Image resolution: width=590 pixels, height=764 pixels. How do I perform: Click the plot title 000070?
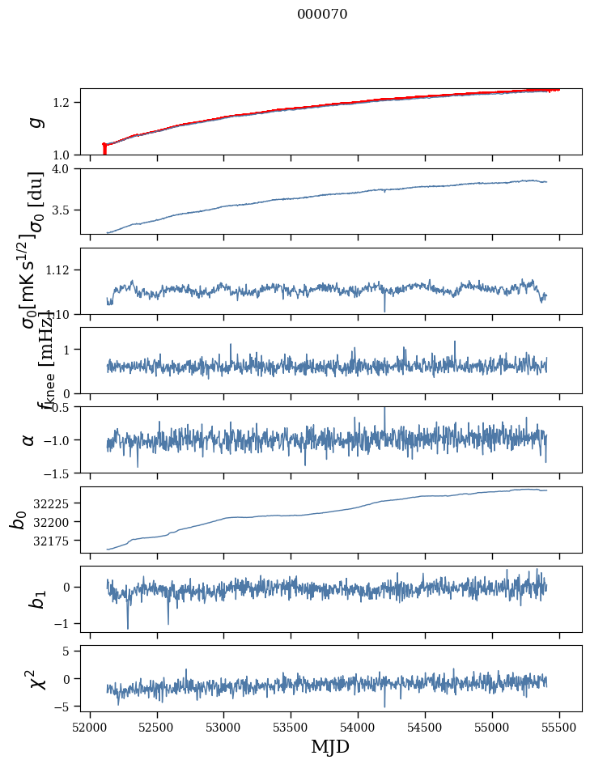(322, 15)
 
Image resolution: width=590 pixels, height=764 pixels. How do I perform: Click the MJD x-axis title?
(330, 746)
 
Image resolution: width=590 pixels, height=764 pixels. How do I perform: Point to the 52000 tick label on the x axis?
(90, 727)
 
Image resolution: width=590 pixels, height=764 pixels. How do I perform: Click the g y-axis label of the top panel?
(34, 122)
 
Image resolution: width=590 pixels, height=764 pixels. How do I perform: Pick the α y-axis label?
(29, 439)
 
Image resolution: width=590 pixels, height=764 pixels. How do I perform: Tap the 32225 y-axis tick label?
(53, 503)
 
